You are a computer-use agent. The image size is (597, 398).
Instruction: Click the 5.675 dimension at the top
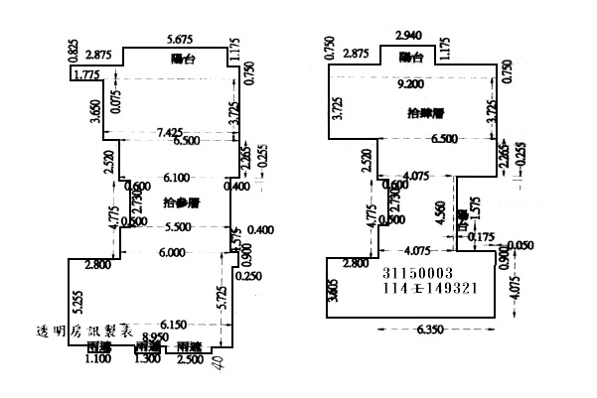click(181, 39)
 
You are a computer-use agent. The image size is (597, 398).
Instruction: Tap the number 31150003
click(417, 271)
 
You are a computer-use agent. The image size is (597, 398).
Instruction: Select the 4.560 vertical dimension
click(440, 212)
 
